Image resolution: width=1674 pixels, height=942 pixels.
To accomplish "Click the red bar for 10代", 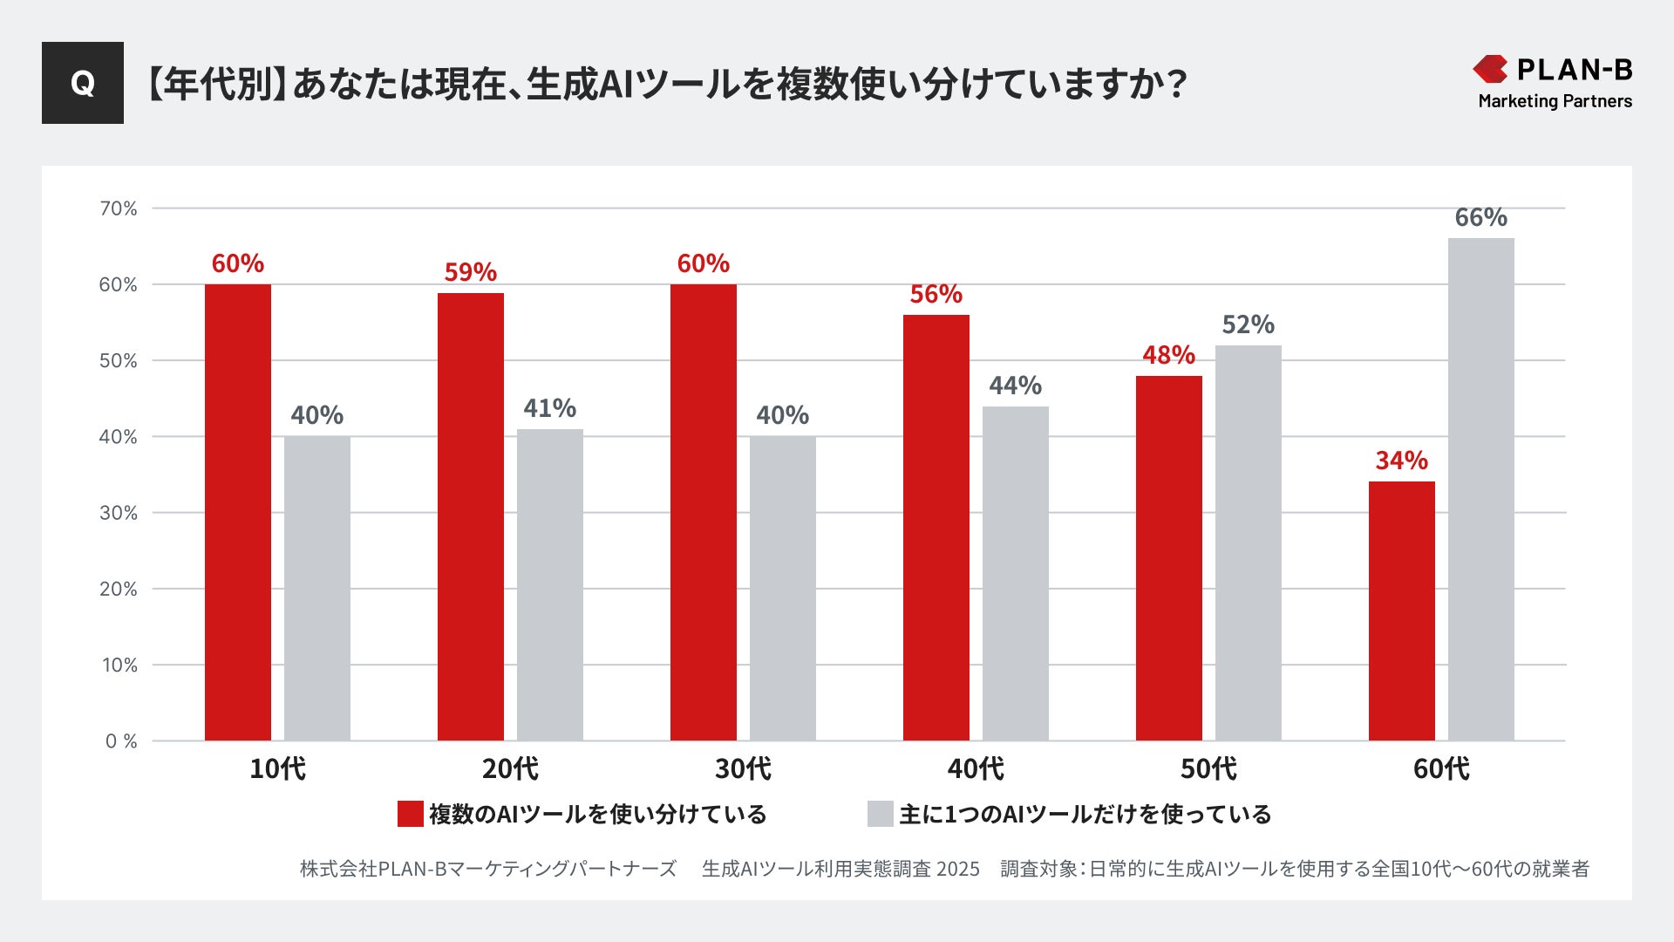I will pyautogui.click(x=238, y=512).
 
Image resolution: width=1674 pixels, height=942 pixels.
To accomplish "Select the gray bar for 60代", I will pyautogui.click(x=1480, y=489).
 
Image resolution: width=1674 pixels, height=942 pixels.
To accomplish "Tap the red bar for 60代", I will pyautogui.click(x=1401, y=611).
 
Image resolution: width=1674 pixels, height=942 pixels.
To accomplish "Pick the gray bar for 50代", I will pyautogui.click(x=1248, y=543).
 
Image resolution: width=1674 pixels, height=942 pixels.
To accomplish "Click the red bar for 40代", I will pyautogui.click(x=936, y=528).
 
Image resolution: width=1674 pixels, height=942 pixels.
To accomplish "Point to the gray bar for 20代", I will pyautogui.click(x=549, y=584).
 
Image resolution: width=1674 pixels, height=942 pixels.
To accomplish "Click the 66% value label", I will pyautogui.click(x=1480, y=217).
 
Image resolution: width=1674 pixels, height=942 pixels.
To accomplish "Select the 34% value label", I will pyautogui.click(x=1401, y=460).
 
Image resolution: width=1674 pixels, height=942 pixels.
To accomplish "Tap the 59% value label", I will pyautogui.click(x=470, y=272).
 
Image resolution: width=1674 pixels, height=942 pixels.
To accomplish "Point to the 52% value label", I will pyautogui.click(x=1248, y=324).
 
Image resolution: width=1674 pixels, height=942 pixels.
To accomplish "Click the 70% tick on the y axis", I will pyautogui.click(x=119, y=208).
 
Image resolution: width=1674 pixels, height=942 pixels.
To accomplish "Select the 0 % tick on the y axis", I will pyautogui.click(x=121, y=741).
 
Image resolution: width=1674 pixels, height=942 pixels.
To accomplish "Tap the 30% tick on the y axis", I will pyautogui.click(x=119, y=513).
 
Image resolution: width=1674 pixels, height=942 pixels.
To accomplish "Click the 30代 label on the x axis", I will pyautogui.click(x=743, y=768).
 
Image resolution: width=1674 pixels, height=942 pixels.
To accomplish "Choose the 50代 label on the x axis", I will pyautogui.click(x=1208, y=768).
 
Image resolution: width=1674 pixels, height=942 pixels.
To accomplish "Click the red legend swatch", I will pyautogui.click(x=410, y=814).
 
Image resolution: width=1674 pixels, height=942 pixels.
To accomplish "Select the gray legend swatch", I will pyautogui.click(x=880, y=814).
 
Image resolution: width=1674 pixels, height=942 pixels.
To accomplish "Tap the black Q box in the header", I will pyautogui.click(x=83, y=83).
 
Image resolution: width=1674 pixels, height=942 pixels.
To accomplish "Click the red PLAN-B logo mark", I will pyautogui.click(x=1490, y=69).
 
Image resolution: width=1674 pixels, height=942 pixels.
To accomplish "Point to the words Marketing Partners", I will pyautogui.click(x=1555, y=101).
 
